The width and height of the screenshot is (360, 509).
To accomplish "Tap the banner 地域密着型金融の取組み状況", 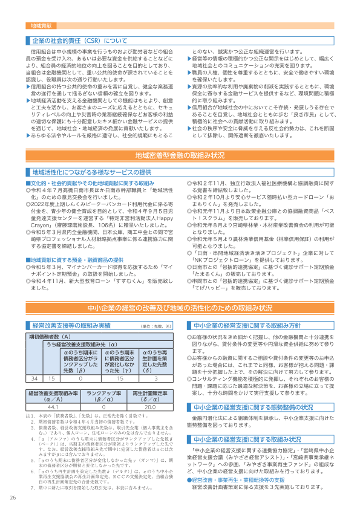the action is click(180, 155).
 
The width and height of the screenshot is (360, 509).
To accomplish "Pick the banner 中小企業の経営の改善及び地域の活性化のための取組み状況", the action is click(180, 308).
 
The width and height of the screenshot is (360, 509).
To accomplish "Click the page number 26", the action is click(13, 498).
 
